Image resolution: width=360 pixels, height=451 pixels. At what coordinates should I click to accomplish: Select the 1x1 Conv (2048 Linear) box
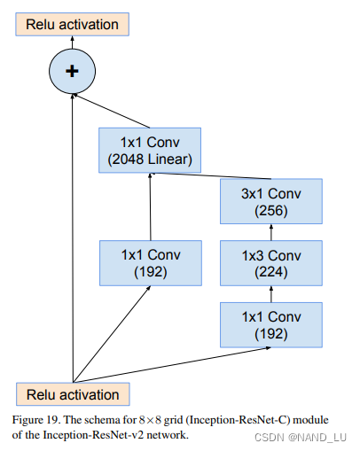coord(150,150)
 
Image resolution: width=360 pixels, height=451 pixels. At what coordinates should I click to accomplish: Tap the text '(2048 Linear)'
coord(150,160)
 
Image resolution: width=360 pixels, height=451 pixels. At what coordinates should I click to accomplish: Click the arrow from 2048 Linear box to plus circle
coord(111,107)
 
